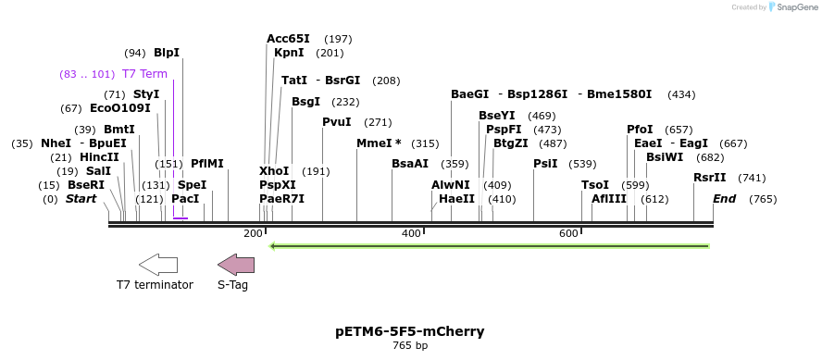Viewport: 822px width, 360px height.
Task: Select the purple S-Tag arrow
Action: pyautogui.click(x=235, y=265)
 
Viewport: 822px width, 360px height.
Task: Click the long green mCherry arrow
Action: pyautogui.click(x=489, y=246)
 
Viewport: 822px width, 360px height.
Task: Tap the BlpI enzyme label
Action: pyautogui.click(x=167, y=53)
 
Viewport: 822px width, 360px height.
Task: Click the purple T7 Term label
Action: pyautogui.click(x=144, y=74)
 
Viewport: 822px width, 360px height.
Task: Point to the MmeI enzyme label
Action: pyautogui.click(x=379, y=143)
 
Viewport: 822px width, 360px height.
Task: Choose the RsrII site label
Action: pyautogui.click(x=710, y=178)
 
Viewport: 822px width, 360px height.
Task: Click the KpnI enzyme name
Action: pyautogui.click(x=289, y=53)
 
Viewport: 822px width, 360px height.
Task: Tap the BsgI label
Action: pyautogui.click(x=305, y=102)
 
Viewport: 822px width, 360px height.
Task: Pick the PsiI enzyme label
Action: pyautogui.click(x=545, y=164)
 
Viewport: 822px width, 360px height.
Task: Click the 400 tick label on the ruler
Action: pyautogui.click(x=411, y=233)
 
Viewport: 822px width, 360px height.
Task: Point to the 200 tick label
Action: pyautogui.click(x=253, y=233)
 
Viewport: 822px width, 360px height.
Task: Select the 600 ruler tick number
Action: pyautogui.click(x=568, y=233)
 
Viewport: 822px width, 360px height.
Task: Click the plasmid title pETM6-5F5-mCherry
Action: pyautogui.click(x=410, y=331)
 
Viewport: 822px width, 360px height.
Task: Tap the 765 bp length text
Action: pyautogui.click(x=410, y=346)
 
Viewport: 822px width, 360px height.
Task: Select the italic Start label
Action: pyautogui.click(x=81, y=199)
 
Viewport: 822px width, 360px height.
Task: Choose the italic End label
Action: pyautogui.click(x=724, y=199)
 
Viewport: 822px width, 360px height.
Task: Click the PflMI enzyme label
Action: pyautogui.click(x=207, y=164)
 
